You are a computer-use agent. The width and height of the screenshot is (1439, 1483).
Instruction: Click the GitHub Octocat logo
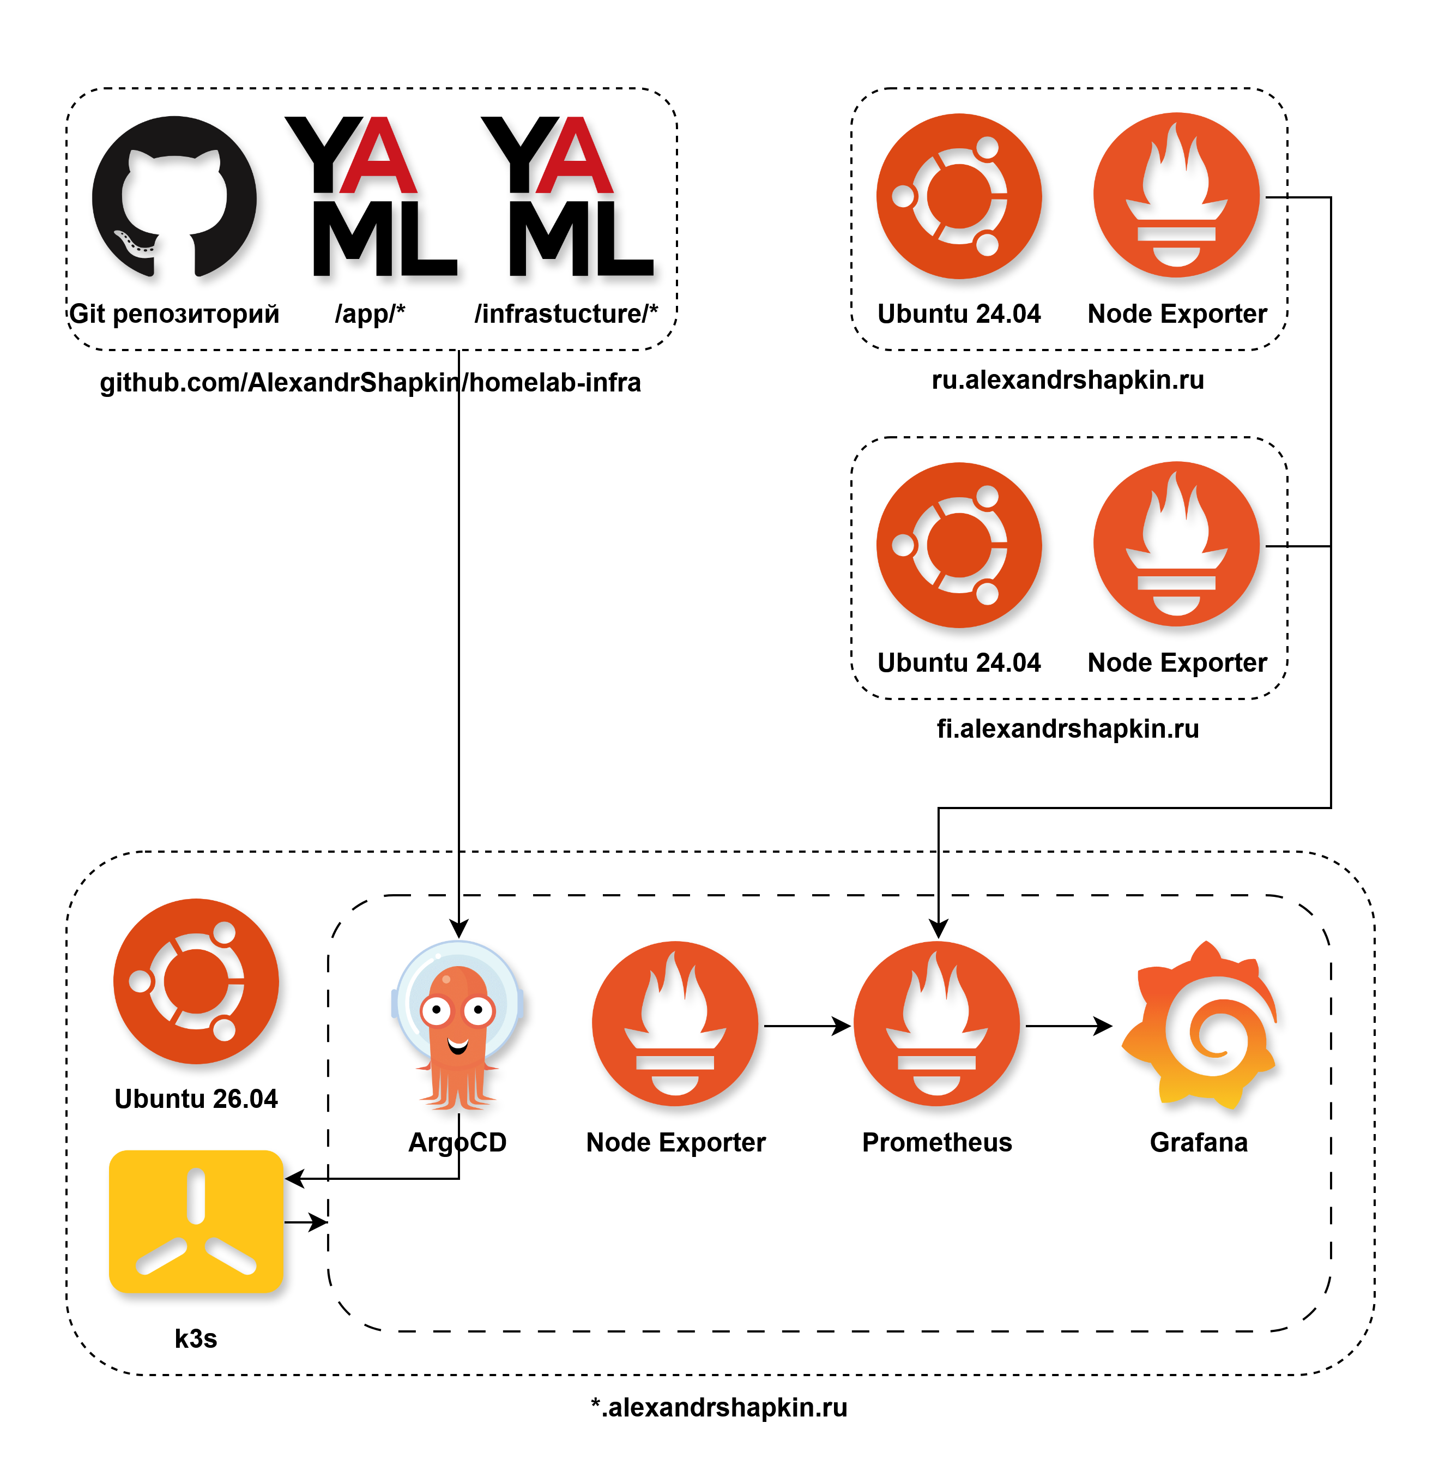click(174, 197)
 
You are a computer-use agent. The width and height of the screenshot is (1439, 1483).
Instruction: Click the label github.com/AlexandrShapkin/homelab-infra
click(371, 383)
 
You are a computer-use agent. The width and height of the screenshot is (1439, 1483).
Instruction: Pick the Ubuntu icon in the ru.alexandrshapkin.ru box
click(959, 197)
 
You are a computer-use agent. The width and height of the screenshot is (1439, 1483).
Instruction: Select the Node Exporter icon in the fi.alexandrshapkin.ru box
click(1176, 545)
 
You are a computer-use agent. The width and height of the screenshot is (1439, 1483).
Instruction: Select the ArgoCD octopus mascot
click(458, 1025)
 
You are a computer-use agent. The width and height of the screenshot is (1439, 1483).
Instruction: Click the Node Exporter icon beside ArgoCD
click(675, 1024)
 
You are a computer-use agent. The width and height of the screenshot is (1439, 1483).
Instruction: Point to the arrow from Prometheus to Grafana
click(1069, 1026)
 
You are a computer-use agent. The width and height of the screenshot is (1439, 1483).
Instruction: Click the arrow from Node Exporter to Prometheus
click(808, 1026)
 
